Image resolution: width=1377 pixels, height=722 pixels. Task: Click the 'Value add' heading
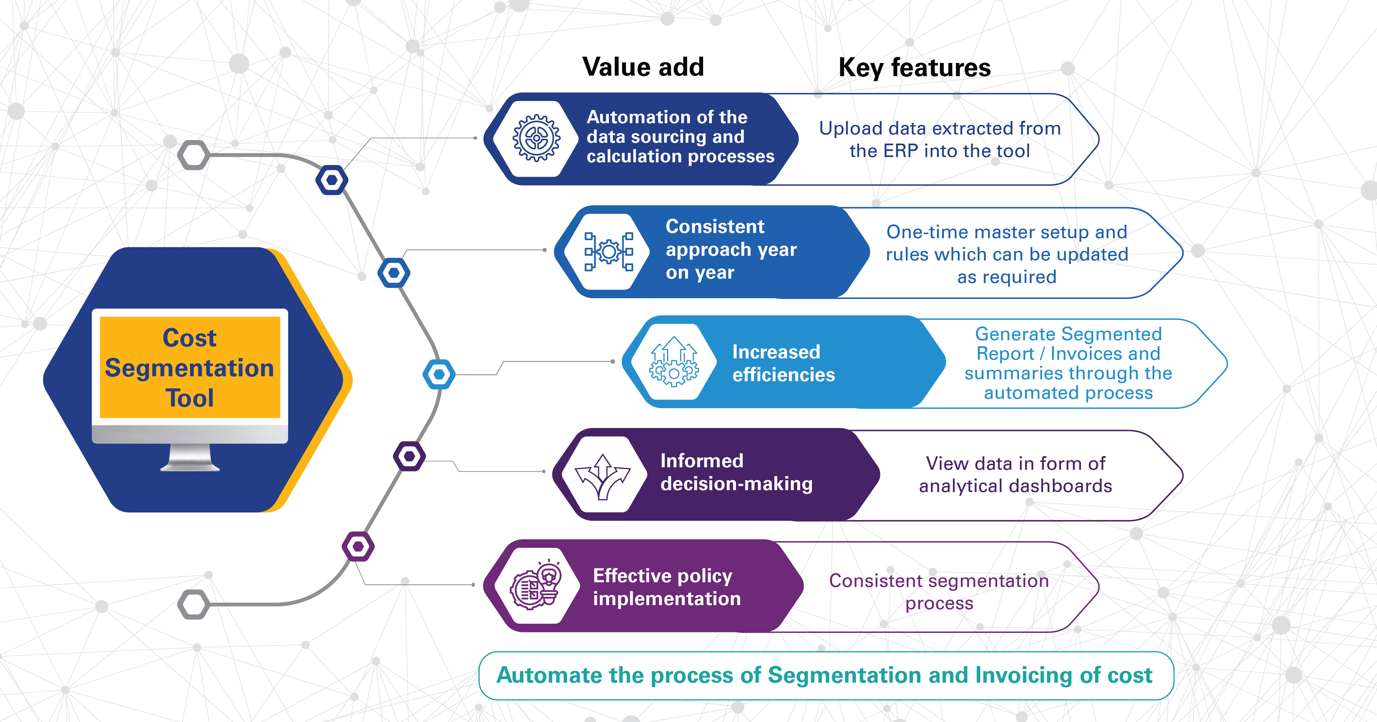tap(643, 67)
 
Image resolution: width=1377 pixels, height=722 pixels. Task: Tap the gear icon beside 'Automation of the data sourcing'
tap(536, 138)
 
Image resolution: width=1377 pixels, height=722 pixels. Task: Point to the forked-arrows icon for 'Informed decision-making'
tap(603, 475)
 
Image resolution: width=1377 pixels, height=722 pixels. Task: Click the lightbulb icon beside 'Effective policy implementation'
tap(536, 586)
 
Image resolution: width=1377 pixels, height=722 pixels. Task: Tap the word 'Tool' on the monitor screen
tap(190, 398)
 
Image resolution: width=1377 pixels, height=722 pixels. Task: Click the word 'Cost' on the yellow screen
tap(190, 338)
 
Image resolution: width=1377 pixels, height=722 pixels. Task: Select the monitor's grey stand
tap(190, 458)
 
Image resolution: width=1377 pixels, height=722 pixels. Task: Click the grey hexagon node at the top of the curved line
tap(194, 155)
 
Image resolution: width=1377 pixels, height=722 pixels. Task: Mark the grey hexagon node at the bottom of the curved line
tap(194, 605)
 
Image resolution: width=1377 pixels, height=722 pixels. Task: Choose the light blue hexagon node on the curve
tap(439, 374)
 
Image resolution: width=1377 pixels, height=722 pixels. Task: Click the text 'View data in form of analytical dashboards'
tap(1015, 475)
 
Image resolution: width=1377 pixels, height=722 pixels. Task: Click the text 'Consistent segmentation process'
tap(939, 592)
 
